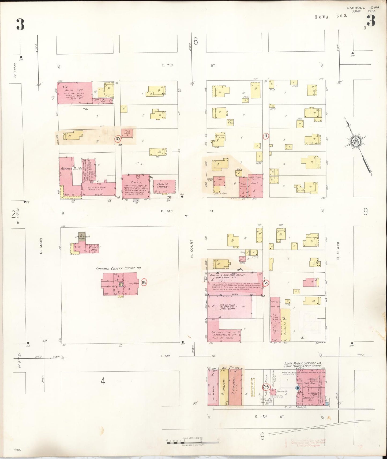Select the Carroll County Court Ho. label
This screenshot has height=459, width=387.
pos(118,268)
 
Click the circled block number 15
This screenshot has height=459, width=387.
pos(144,282)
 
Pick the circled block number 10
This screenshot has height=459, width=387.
pos(118,139)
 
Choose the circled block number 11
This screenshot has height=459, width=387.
pos(266,136)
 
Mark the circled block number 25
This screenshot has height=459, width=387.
pos(266,387)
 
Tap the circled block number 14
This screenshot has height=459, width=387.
pos(266,283)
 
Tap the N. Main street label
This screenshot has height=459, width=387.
pos(42,248)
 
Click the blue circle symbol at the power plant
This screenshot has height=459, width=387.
pos(298,388)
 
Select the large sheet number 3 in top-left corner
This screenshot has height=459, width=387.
pos(20,24)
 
